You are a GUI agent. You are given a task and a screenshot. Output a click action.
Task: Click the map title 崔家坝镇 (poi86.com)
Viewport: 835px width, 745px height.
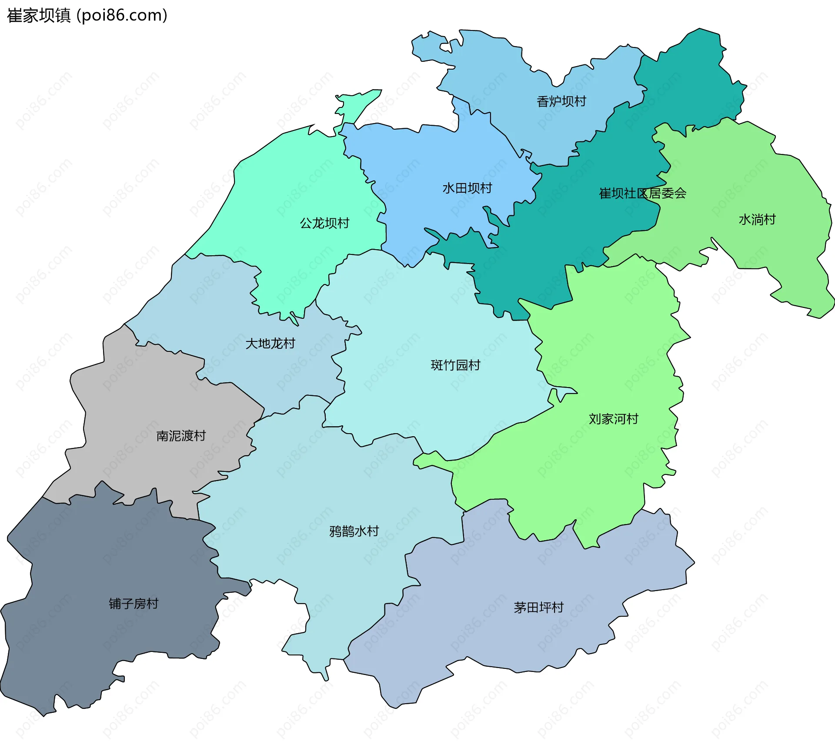(x=87, y=16)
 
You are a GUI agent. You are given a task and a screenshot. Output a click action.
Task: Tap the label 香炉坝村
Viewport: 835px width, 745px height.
(x=561, y=101)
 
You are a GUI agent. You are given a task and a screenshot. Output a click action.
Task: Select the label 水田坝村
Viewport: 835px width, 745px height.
(x=467, y=188)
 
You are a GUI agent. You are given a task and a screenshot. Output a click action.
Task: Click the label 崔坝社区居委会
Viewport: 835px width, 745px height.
(x=642, y=194)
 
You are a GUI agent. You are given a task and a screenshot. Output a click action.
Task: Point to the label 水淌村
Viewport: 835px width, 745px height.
(x=757, y=220)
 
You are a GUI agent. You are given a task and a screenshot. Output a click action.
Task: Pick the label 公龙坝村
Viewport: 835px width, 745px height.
(x=324, y=223)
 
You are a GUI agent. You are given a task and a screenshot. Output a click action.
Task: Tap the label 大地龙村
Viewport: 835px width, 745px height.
(x=270, y=344)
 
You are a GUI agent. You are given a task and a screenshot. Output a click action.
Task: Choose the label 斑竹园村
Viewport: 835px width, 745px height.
(x=455, y=365)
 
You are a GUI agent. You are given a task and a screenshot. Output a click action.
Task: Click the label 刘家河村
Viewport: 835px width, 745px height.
(x=613, y=419)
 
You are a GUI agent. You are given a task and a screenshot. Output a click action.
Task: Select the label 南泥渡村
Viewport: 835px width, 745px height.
(x=181, y=436)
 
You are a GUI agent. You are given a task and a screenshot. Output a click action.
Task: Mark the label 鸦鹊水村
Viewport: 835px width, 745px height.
(x=354, y=531)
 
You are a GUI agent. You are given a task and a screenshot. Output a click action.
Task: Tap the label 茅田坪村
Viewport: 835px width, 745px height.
(x=538, y=607)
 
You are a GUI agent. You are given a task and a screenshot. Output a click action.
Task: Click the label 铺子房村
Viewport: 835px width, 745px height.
(x=134, y=604)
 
